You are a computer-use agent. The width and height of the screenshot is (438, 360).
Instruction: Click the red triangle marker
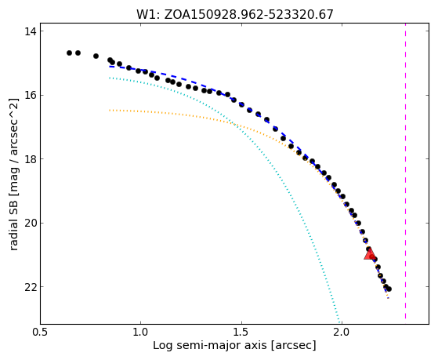pyautogui.click(x=369, y=253)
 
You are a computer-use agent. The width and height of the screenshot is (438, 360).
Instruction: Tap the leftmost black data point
pyautogui.click(x=69, y=53)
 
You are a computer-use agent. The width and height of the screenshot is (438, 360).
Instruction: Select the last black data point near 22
pyautogui.click(x=389, y=289)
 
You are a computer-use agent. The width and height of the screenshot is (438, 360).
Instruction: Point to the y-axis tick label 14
pyautogui.click(x=31, y=31)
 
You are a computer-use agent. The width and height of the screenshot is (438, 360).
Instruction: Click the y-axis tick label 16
pyautogui.click(x=31, y=95)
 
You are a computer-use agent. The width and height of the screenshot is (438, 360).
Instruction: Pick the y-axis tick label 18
pyautogui.click(x=31, y=159)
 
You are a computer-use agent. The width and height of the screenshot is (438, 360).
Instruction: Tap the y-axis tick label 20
pyautogui.click(x=31, y=223)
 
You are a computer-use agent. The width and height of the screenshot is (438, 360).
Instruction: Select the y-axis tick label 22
pyautogui.click(x=31, y=287)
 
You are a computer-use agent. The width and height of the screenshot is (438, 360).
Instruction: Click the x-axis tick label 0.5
pyautogui.click(x=40, y=333)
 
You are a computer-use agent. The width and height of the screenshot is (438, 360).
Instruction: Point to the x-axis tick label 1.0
pyautogui.click(x=140, y=333)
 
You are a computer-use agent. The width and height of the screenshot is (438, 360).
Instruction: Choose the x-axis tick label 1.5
pyautogui.click(x=241, y=333)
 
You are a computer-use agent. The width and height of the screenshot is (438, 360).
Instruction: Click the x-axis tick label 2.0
pyautogui.click(x=342, y=333)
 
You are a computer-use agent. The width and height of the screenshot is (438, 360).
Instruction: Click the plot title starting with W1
pyautogui.click(x=234, y=14)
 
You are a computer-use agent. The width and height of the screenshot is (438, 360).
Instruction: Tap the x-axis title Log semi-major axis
pyautogui.click(x=234, y=346)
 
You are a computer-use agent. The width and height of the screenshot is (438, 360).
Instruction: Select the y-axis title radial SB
pyautogui.click(x=13, y=174)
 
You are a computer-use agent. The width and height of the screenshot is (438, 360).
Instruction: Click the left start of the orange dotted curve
pyautogui.click(x=110, y=111)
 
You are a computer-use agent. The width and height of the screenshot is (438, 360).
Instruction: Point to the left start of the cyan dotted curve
pyautogui.click(x=110, y=78)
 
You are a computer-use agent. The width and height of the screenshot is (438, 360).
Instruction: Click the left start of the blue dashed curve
pyautogui.click(x=110, y=67)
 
